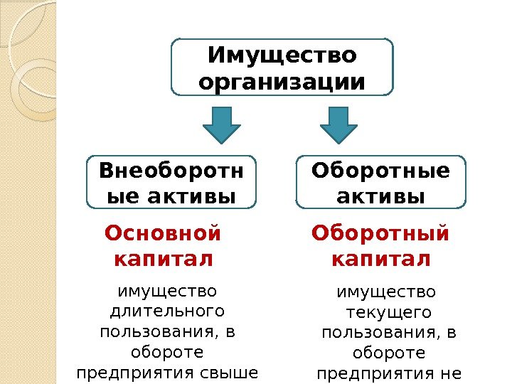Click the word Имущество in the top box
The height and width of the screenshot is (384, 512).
coord(282,55)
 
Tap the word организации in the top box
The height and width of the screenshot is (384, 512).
coord(282,82)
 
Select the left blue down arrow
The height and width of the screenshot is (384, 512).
coord(222,125)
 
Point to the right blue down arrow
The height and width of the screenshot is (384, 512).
coord(338,125)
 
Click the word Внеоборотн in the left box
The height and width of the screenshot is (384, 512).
coord(171,171)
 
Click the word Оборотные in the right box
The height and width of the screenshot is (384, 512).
coord(381,171)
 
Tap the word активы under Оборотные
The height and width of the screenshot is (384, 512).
coord(381,195)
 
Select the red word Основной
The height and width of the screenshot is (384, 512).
coord(163,233)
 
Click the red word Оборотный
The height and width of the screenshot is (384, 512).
coord(381,233)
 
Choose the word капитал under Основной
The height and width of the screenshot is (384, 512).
coord(163,259)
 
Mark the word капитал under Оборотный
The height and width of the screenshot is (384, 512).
coord(381,259)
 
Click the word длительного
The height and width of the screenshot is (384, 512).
coord(168,311)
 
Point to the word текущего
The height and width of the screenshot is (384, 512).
coord(388,313)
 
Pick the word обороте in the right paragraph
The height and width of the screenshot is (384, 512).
coord(388,353)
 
